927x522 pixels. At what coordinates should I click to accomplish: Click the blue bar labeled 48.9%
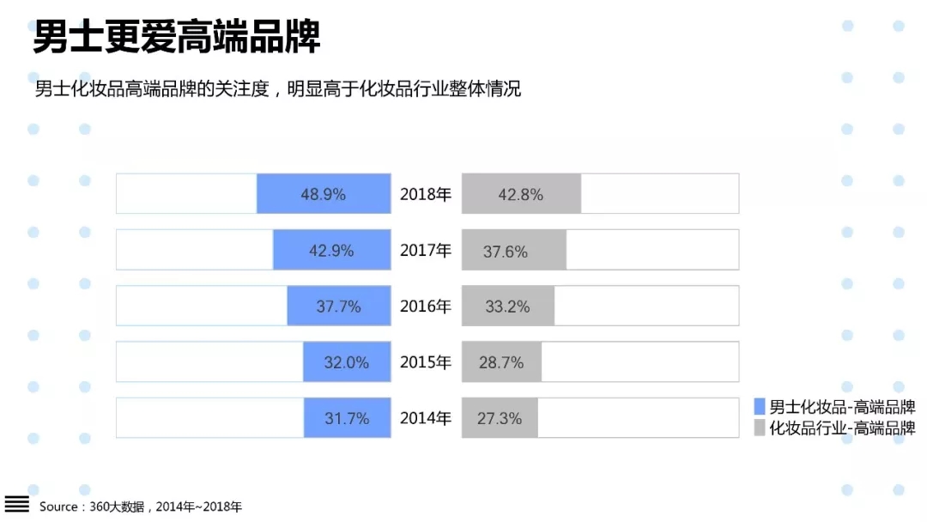pyautogui.click(x=324, y=194)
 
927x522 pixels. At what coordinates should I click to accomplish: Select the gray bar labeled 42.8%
pyautogui.click(x=521, y=194)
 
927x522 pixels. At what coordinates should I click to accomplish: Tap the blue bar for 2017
pyautogui.click(x=332, y=251)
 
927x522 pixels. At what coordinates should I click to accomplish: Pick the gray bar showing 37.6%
pyautogui.click(x=513, y=251)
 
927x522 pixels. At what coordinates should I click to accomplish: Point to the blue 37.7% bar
pyautogui.click(x=339, y=307)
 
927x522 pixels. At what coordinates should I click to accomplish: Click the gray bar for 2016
pyautogui.click(x=508, y=307)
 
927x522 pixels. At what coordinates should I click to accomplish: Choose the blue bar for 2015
pyautogui.click(x=347, y=362)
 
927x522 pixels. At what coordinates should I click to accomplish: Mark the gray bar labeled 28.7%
pyautogui.click(x=501, y=362)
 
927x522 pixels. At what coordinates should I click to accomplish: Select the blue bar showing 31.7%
pyautogui.click(x=347, y=418)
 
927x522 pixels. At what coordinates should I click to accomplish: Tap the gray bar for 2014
pyautogui.click(x=500, y=418)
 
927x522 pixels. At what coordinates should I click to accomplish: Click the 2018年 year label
pyautogui.click(x=426, y=194)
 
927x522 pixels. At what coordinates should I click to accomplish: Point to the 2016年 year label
pyautogui.click(x=426, y=307)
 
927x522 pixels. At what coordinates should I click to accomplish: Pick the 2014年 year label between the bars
pyautogui.click(x=426, y=419)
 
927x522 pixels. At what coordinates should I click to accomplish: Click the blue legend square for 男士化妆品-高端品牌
pyautogui.click(x=759, y=407)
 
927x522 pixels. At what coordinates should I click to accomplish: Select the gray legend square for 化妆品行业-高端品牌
pyautogui.click(x=759, y=428)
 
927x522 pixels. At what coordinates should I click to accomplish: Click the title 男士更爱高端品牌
pyautogui.click(x=176, y=37)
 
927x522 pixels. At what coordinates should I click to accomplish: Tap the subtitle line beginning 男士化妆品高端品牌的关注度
pyautogui.click(x=277, y=89)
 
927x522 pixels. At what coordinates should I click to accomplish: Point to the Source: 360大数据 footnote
pyautogui.click(x=141, y=507)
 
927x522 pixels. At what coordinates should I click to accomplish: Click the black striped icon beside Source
pyautogui.click(x=17, y=505)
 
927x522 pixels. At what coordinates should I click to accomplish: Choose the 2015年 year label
pyautogui.click(x=426, y=362)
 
